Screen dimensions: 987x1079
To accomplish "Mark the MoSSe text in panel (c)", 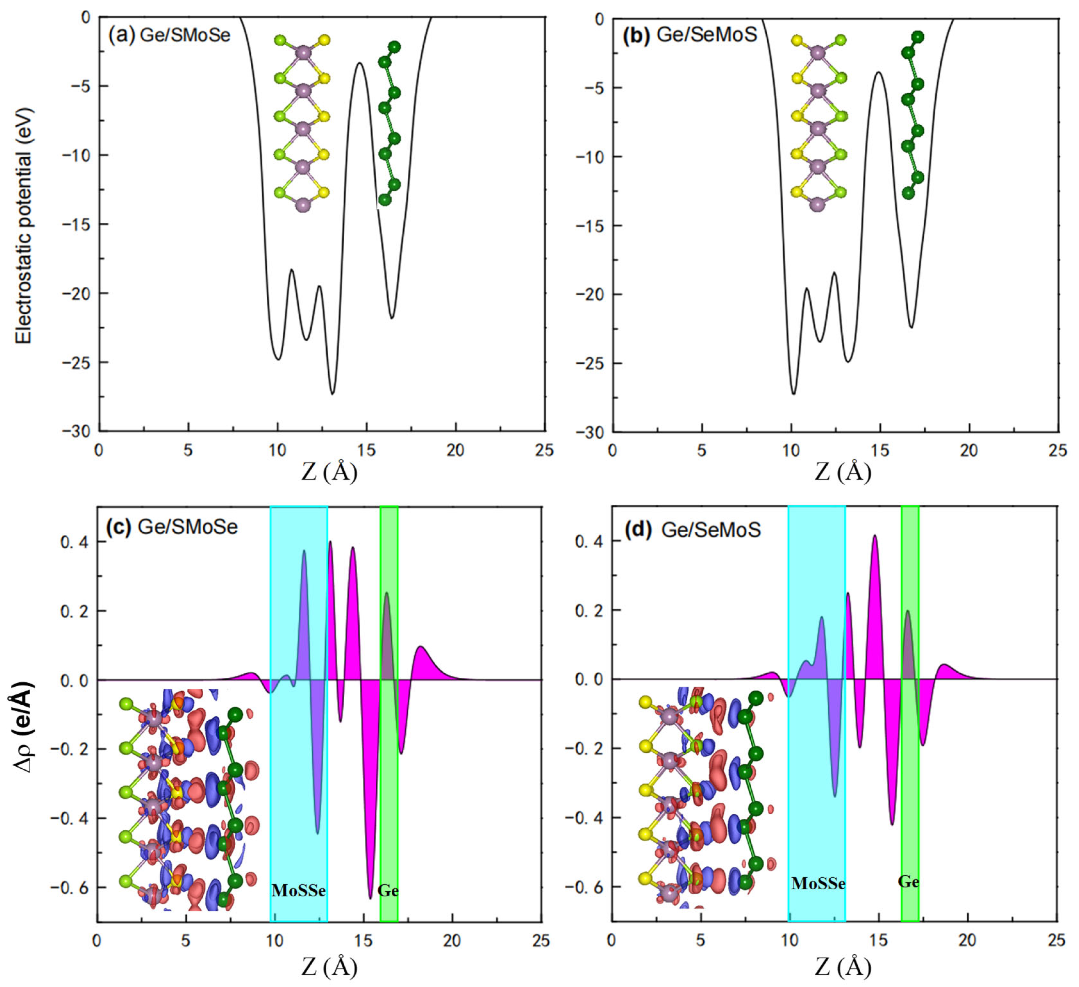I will point(299,890).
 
